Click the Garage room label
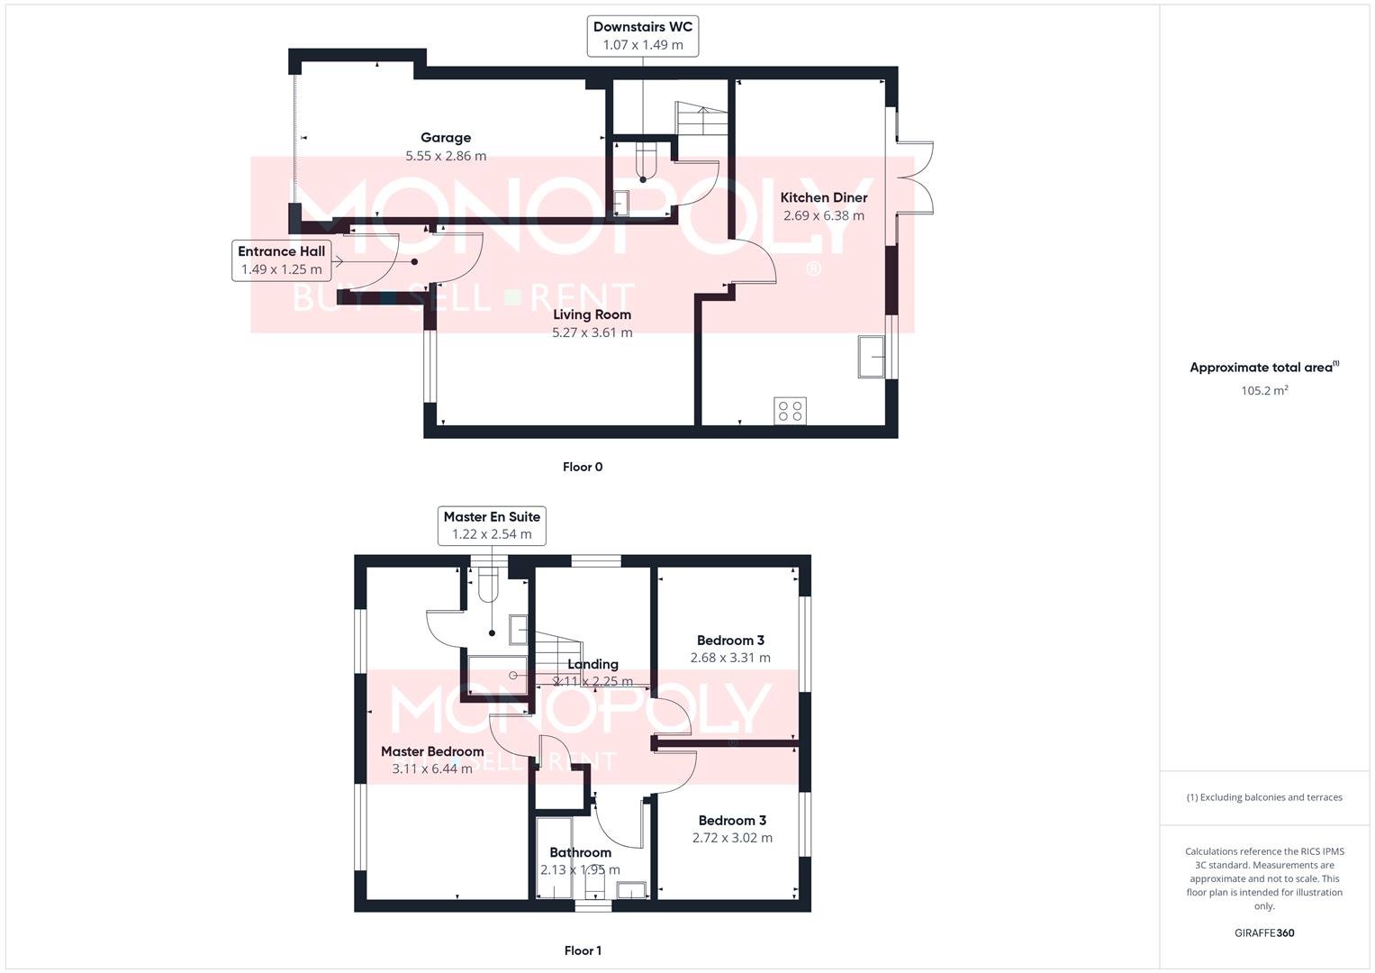[x=446, y=138]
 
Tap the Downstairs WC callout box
[x=642, y=36]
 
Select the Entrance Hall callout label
[x=281, y=260]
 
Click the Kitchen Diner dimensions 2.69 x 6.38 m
[x=823, y=216]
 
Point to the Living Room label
[x=592, y=314]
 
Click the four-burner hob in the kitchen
[x=790, y=411]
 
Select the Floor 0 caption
[x=583, y=467]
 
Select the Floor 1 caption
[x=583, y=950]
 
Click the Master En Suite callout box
[x=492, y=525]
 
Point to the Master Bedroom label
[x=432, y=751]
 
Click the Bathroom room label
[x=580, y=852]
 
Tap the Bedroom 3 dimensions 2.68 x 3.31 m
[x=730, y=658]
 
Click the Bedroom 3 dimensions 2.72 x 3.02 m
[x=732, y=838]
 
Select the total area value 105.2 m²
[x=1264, y=390]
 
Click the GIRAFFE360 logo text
[x=1264, y=932]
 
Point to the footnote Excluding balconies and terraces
[x=1264, y=797]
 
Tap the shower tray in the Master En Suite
[x=497, y=675]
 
